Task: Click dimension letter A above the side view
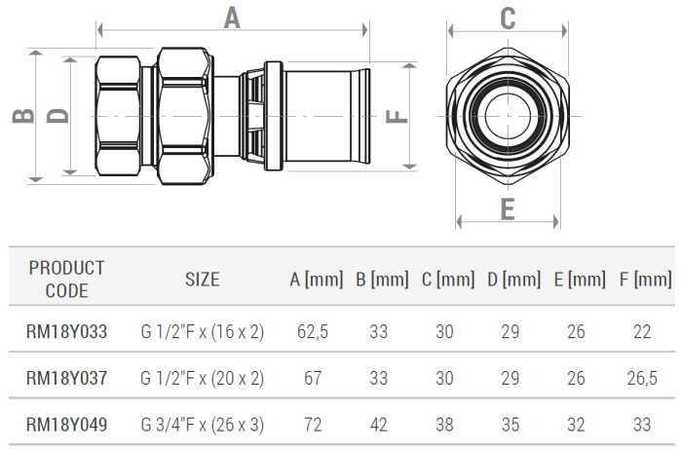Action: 232,18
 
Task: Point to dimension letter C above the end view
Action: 508,19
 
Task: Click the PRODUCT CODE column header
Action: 66,279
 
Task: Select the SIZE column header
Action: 203,280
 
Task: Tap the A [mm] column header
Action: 316,280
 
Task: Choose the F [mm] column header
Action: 645,280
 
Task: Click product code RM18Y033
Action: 66,331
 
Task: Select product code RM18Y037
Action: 66,378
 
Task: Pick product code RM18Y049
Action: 66,425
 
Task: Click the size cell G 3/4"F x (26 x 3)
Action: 203,425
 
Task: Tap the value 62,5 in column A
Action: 313,331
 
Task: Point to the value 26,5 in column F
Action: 642,378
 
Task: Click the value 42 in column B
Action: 379,425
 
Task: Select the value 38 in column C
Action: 444,425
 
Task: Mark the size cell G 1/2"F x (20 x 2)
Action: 203,378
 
